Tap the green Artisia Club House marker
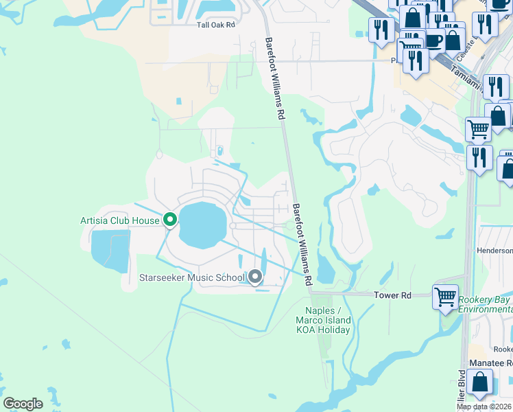[x=170, y=220]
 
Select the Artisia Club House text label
[x=119, y=220]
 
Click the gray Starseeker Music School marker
[x=255, y=277]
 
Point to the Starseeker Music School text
[x=191, y=278]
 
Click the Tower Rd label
[x=392, y=295]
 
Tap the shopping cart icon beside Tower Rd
[x=446, y=297]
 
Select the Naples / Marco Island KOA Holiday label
[x=323, y=320]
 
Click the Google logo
[x=23, y=404]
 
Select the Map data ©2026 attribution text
[x=484, y=407]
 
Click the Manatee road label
[x=490, y=363]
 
